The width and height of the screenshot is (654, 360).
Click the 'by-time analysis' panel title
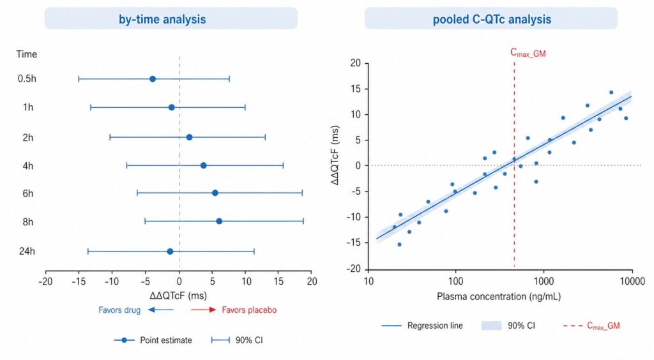171,19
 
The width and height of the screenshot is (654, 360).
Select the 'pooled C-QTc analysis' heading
490,19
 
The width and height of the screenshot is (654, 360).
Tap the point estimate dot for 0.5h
153,79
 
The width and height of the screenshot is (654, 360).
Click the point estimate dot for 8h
219,221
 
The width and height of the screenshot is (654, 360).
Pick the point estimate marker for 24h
170,251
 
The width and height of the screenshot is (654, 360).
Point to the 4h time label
28,166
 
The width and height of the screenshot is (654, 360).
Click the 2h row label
28,137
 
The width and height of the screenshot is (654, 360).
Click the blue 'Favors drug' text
119,311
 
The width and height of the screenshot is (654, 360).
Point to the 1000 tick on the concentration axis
544,282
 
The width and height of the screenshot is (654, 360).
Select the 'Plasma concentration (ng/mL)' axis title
499,297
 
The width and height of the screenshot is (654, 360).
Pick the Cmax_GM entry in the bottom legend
603,326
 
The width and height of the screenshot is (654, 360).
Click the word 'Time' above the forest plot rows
27,54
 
